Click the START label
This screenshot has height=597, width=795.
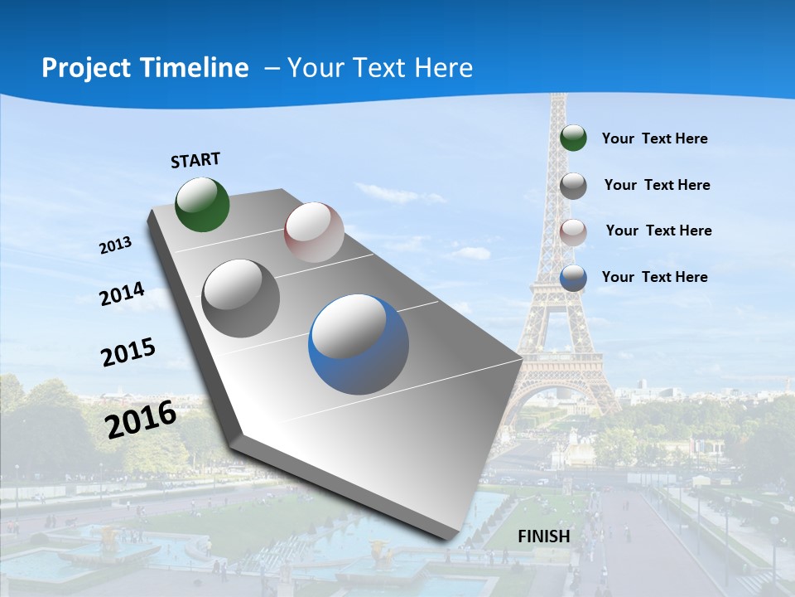click(195, 159)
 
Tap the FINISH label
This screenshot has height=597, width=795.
click(544, 536)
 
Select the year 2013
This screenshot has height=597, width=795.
click(116, 245)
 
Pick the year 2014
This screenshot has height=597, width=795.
click(123, 294)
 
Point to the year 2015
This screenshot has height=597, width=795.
click(128, 352)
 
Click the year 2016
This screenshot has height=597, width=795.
click(141, 419)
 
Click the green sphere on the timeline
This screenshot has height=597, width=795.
click(203, 204)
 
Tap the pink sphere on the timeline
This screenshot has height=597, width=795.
click(314, 232)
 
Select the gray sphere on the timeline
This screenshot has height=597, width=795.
click(241, 298)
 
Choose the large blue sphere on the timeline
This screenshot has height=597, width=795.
click(359, 344)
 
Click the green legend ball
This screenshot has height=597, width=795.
click(573, 138)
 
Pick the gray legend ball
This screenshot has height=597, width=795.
click(573, 186)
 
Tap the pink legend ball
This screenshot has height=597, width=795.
click(573, 231)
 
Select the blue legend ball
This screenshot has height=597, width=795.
click(573, 278)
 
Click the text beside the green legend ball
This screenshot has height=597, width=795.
click(654, 138)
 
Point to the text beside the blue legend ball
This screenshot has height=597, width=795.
click(654, 277)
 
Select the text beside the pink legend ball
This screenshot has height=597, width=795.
click(658, 231)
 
